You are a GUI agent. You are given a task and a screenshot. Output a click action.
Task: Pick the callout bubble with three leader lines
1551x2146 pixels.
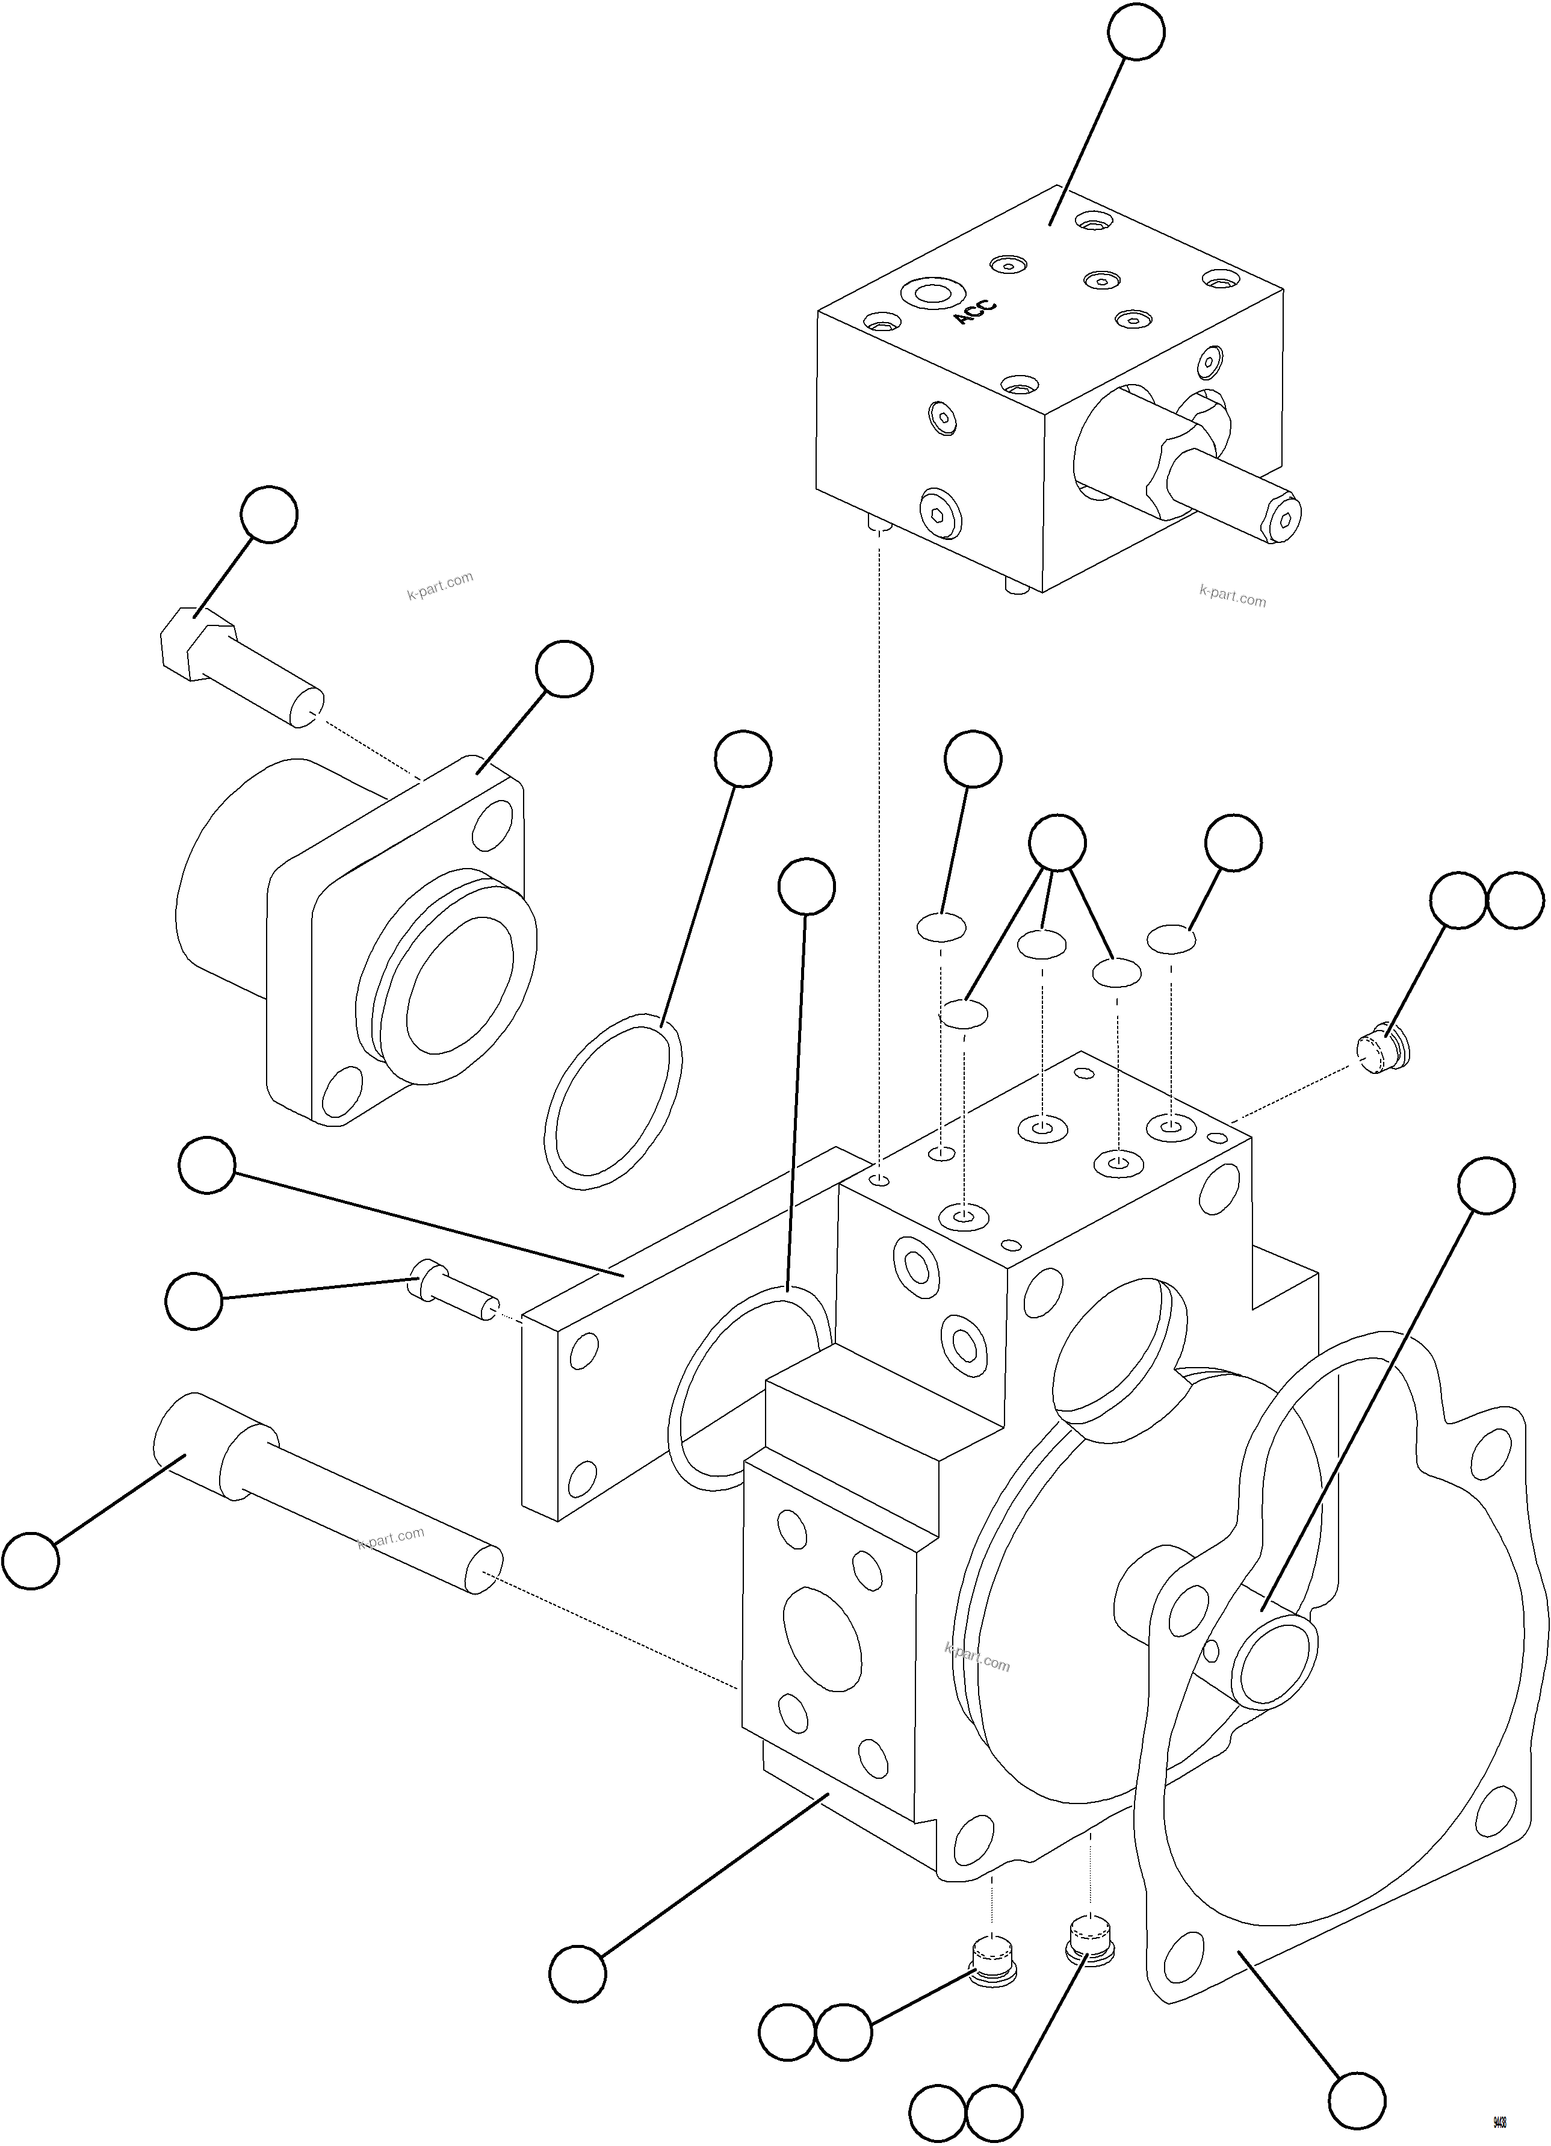[1057, 842]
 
